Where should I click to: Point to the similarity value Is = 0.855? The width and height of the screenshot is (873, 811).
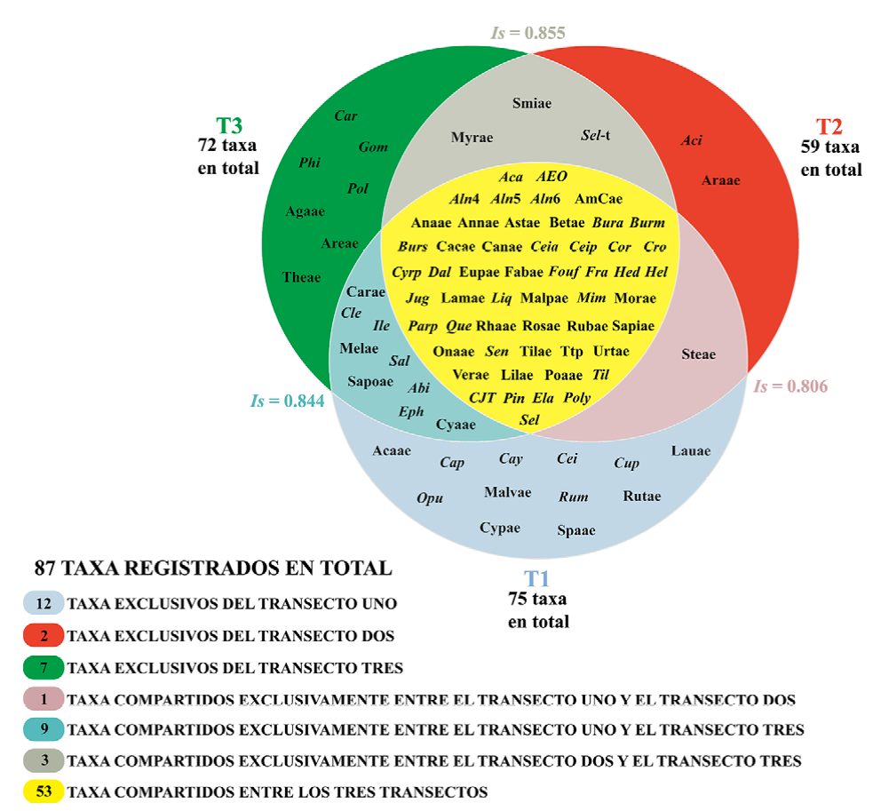(x=528, y=34)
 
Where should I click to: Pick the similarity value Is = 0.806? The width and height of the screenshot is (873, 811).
(x=790, y=386)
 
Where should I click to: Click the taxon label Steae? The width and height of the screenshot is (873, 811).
(x=698, y=354)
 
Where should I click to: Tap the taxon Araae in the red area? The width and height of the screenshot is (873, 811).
(x=720, y=179)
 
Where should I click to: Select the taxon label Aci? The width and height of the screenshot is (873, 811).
(x=691, y=140)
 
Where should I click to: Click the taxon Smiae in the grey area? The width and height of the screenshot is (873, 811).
(x=532, y=103)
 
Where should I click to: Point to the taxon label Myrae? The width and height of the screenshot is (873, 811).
(x=472, y=138)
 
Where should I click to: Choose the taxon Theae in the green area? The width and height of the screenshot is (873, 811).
(x=301, y=277)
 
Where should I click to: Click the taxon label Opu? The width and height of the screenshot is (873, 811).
(x=430, y=497)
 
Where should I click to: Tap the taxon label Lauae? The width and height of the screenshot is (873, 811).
(x=691, y=451)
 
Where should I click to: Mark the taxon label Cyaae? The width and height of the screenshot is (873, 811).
(x=456, y=425)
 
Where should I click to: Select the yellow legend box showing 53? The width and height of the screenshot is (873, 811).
(x=44, y=791)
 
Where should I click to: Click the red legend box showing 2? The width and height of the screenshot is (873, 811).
(x=44, y=635)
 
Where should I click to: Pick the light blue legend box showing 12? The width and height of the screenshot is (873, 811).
(x=44, y=604)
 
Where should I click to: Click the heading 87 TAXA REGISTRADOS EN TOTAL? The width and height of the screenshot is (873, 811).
(x=212, y=568)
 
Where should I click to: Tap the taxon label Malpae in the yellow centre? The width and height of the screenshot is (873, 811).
(x=544, y=298)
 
